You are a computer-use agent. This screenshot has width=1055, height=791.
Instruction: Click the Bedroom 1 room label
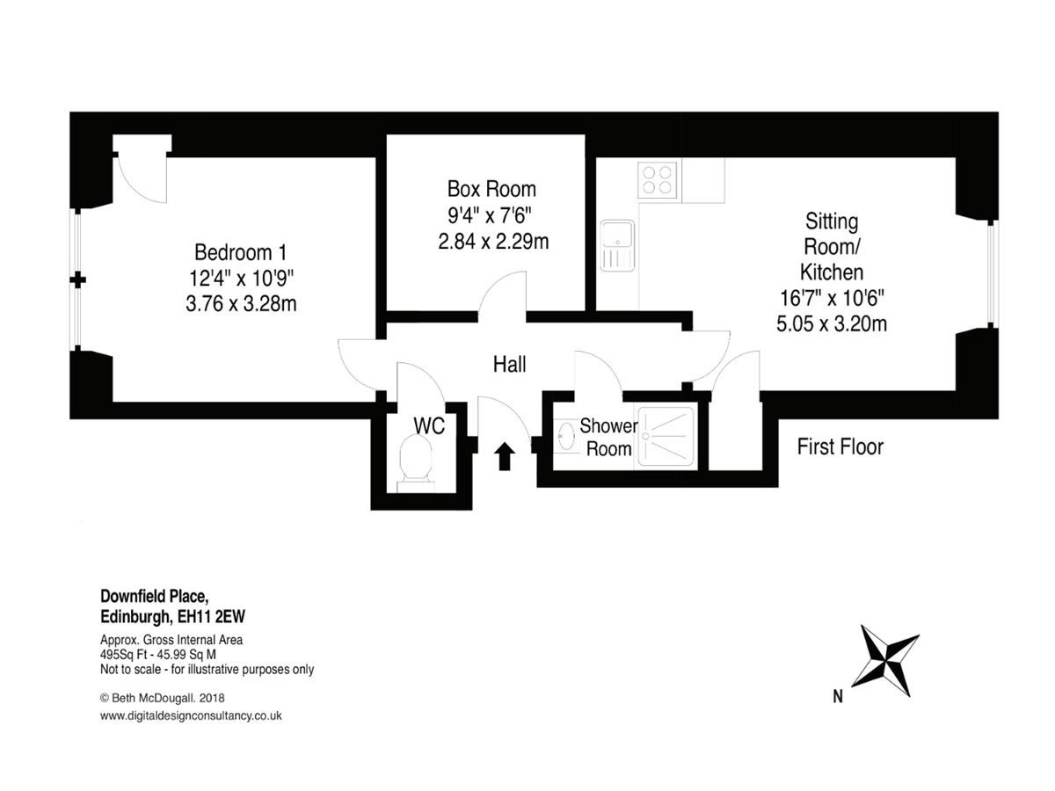click(240, 252)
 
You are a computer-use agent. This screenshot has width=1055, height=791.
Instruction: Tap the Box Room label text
click(491, 189)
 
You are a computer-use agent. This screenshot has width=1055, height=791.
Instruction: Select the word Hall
click(509, 365)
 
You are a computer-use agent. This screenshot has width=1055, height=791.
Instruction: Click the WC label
click(429, 425)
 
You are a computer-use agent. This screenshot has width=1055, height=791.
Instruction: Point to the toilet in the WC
click(415, 462)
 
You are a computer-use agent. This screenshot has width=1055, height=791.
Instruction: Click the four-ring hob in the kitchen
click(657, 179)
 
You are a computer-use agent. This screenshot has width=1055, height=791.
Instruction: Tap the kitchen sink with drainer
click(617, 245)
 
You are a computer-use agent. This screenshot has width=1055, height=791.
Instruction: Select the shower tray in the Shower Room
click(666, 437)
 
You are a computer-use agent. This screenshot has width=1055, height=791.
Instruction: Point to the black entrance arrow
click(504, 456)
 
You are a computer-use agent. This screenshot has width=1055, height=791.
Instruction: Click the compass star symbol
click(884, 661)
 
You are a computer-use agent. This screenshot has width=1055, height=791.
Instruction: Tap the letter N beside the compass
click(838, 696)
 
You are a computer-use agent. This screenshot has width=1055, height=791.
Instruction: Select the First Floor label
click(840, 446)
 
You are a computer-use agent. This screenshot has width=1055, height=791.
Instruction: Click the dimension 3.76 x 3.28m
click(241, 303)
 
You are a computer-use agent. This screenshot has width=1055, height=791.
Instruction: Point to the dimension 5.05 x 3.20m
click(832, 323)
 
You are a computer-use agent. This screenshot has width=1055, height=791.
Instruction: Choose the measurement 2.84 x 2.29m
click(493, 241)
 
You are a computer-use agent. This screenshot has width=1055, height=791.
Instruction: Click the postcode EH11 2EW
click(211, 616)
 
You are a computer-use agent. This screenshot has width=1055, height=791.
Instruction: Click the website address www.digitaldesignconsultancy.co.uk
click(191, 715)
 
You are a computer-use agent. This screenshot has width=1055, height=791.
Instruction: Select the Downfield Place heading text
click(154, 596)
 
